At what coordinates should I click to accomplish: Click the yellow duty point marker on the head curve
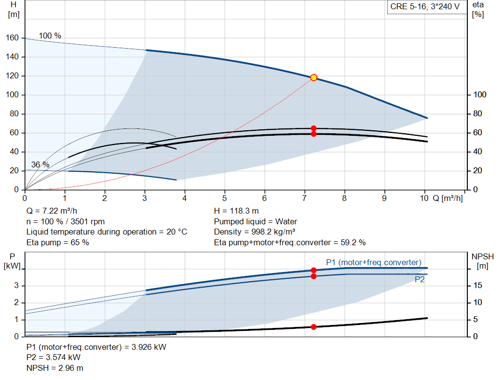[x=313, y=77]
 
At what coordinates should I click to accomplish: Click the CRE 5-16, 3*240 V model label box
[x=425, y=7]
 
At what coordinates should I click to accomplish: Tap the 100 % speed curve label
[x=50, y=36]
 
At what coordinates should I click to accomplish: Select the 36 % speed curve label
[x=40, y=164]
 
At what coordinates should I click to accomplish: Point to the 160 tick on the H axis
[x=12, y=38]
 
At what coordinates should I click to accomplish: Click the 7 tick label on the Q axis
[x=304, y=198]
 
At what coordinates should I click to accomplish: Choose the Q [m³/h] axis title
[x=447, y=198]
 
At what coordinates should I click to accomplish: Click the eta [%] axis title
[x=478, y=10]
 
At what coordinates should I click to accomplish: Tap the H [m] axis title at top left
[x=14, y=10]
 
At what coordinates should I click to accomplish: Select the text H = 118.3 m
[x=236, y=211]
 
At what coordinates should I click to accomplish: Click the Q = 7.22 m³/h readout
[x=52, y=211]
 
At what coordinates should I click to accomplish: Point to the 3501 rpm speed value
[x=88, y=221]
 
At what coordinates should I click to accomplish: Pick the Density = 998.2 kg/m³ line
[x=254, y=232]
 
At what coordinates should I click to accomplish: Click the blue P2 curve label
[x=420, y=279]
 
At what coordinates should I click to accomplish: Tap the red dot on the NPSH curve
[x=313, y=327]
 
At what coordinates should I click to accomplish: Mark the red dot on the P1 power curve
[x=313, y=271]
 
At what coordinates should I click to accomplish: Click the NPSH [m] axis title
[x=482, y=261]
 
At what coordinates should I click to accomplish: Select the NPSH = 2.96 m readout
[x=55, y=368]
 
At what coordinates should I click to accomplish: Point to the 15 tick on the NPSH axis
[x=478, y=285]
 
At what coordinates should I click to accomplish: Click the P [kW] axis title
[x=12, y=261]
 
